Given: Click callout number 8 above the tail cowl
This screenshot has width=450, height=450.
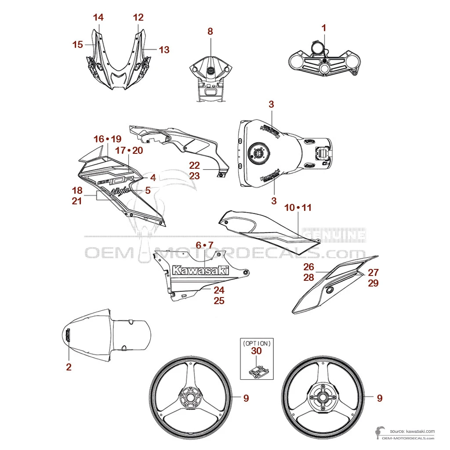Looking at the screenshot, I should click(210, 31).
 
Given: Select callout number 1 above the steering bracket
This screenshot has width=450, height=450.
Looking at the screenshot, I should click(324, 28).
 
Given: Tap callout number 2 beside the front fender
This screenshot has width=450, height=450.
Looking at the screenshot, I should click(69, 367).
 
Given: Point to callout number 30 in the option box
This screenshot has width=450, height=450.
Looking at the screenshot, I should click(256, 351).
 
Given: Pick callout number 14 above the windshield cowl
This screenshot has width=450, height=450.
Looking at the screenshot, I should click(98, 18).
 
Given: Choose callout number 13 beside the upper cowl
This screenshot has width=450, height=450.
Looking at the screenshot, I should click(164, 50).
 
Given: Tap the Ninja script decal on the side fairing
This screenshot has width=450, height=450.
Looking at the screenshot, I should click(120, 191).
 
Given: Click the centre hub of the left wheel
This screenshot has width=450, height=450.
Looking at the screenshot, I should click(190, 399).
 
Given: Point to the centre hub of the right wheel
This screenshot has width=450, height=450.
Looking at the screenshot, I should click(324, 399).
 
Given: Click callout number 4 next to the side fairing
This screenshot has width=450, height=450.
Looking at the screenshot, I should click(153, 178).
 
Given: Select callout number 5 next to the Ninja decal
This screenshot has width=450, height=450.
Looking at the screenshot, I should click(148, 191).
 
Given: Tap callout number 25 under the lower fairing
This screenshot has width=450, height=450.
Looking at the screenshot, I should click(219, 301).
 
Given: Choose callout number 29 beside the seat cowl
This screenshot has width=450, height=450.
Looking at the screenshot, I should click(373, 283).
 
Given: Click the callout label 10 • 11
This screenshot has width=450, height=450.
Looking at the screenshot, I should click(298, 207).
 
